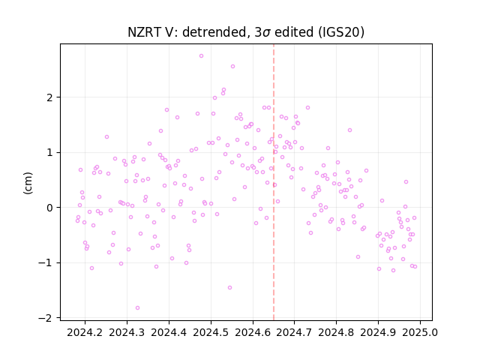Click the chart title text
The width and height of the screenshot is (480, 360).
coord(246,32)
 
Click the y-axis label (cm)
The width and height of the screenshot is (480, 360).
coord(28,183)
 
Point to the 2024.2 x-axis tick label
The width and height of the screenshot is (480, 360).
coord(85,332)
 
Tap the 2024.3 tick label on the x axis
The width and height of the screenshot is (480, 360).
coord(127,332)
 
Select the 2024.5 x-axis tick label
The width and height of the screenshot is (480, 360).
coord(211,332)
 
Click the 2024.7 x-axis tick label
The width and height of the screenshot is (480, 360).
coord(294,332)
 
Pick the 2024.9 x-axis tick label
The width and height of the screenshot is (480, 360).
coord(378,332)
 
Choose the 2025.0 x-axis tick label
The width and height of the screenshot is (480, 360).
coord(420,332)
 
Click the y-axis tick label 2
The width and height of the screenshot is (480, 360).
coord(49,97)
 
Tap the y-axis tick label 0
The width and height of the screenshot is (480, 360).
coord(49,208)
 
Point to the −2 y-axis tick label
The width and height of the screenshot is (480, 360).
coord(46,318)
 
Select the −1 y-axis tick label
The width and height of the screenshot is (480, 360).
coord(46,263)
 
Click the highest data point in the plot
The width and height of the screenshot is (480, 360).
coord(201,55)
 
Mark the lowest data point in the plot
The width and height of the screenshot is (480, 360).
coord(137,307)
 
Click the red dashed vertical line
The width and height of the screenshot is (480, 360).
coord(274,182)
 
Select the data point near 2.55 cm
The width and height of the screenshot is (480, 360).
coord(232,66)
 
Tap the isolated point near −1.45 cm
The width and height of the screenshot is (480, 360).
coord(229,287)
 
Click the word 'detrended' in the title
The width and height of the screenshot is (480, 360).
coord(214,32)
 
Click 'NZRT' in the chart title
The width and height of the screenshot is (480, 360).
coord(142,32)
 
